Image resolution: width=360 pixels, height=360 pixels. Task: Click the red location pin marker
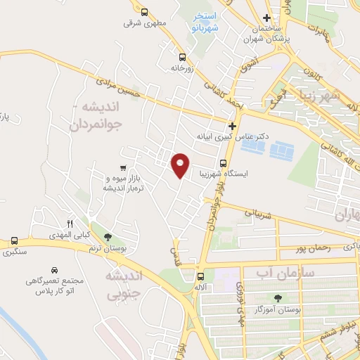click(x=181, y=165)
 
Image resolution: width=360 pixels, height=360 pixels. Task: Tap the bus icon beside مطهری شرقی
click(x=144, y=12)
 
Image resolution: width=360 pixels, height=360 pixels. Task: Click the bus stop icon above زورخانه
click(x=182, y=58)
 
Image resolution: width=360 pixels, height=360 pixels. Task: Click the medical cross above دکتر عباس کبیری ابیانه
click(x=232, y=125)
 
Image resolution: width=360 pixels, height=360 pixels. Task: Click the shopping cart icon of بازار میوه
click(x=123, y=167)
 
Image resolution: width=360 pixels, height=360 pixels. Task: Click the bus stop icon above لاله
click(x=202, y=276)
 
